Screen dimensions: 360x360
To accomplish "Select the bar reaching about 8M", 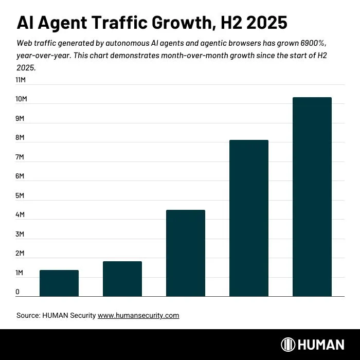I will pos(248,218).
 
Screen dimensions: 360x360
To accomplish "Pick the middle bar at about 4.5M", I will pos(185,253).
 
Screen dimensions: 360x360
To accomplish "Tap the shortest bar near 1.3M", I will pos(59,283).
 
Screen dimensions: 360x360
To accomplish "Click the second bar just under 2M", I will pos(122,279).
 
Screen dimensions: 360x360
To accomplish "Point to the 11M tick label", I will pos(21,80).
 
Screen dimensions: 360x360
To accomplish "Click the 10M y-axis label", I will pos(21,99).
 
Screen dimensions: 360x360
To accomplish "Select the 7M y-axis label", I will pos(20,157).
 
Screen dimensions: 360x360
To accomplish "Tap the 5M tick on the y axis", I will pos(20,196).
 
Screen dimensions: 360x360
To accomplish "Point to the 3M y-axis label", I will pos(20,235).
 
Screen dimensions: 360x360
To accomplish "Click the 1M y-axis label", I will pos(20,273).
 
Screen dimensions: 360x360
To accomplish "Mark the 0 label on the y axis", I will pos(17,292).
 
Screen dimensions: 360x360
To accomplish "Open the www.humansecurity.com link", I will pos(138,315).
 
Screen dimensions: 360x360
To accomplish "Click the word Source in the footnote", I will pos(28,315).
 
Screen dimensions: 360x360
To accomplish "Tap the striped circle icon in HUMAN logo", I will pos(288,345).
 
